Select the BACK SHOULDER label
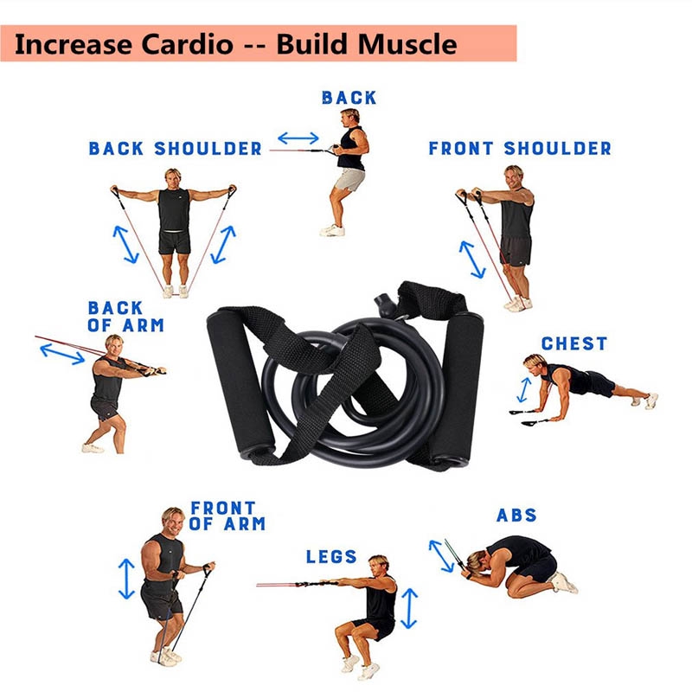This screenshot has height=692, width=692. click(175, 149)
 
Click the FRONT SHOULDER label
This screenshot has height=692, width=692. click(520, 149)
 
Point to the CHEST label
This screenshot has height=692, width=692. click(574, 343)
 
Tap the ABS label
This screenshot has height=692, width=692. click(516, 516)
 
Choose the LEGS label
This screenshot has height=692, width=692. click(331, 556)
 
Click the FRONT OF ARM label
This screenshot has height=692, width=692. click(227, 516)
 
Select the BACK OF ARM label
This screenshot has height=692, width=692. click(125, 317)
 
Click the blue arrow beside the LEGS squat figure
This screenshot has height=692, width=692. click(409, 607)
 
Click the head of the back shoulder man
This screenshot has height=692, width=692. click(173, 176)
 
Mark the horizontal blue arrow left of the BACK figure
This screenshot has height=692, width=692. click(298, 138)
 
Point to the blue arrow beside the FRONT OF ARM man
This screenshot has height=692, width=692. click(127, 578)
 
